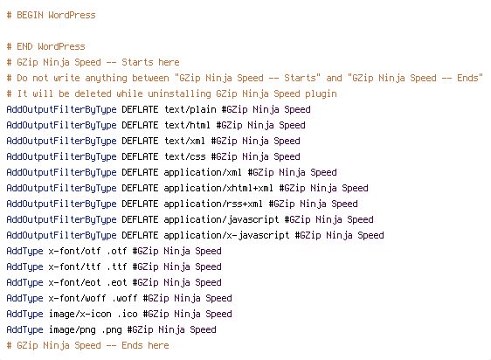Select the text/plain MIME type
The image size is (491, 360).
[x=190, y=110]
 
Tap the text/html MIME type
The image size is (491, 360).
[x=187, y=125]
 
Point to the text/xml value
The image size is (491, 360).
[x=184, y=141]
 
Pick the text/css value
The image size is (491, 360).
[x=184, y=156]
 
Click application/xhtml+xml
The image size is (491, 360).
[x=218, y=189]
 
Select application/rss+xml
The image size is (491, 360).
[x=213, y=204]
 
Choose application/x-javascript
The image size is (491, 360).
[x=226, y=236]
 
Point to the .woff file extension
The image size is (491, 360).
[x=127, y=298]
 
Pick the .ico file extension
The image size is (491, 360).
[x=128, y=314]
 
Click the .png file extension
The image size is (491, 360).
[x=112, y=330]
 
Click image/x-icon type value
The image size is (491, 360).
[x=80, y=314]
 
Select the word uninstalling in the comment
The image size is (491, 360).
[x=179, y=94]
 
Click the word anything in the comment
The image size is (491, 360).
[x=107, y=79]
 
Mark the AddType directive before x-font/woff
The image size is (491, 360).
[x=24, y=298]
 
